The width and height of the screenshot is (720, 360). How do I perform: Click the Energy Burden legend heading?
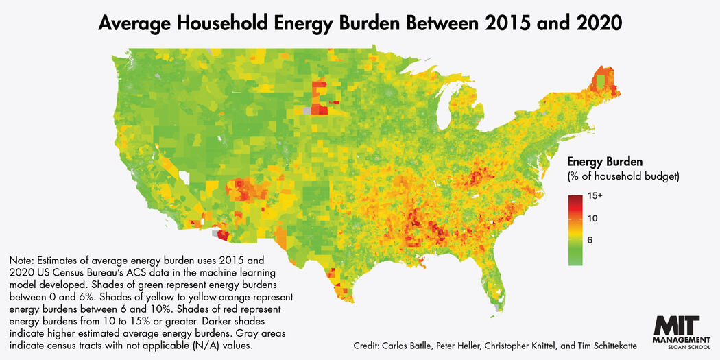click(605, 163)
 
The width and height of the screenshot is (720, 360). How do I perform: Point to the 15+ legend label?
click(596, 196)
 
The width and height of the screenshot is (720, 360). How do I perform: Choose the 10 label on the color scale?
click(593, 219)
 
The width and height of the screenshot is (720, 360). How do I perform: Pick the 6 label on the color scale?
click(590, 241)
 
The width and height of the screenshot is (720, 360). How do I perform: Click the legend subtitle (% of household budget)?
click(623, 178)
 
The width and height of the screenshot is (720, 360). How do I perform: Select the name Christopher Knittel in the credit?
click(521, 346)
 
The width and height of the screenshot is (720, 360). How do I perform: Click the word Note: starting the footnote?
click(22, 261)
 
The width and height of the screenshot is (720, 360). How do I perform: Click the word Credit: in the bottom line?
click(369, 346)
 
